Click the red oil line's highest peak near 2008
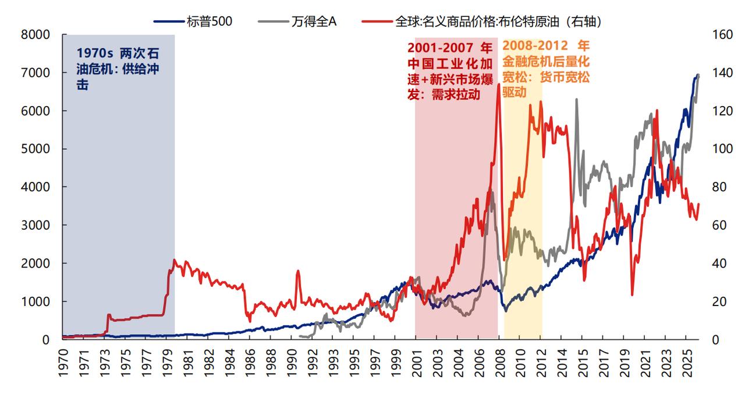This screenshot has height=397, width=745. click(x=498, y=85)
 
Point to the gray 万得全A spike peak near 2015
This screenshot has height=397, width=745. click(x=576, y=100)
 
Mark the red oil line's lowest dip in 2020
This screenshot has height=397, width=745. click(x=632, y=294)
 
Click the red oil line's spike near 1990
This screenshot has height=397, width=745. click(x=298, y=271)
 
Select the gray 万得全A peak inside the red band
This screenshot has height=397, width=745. click(x=492, y=192)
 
